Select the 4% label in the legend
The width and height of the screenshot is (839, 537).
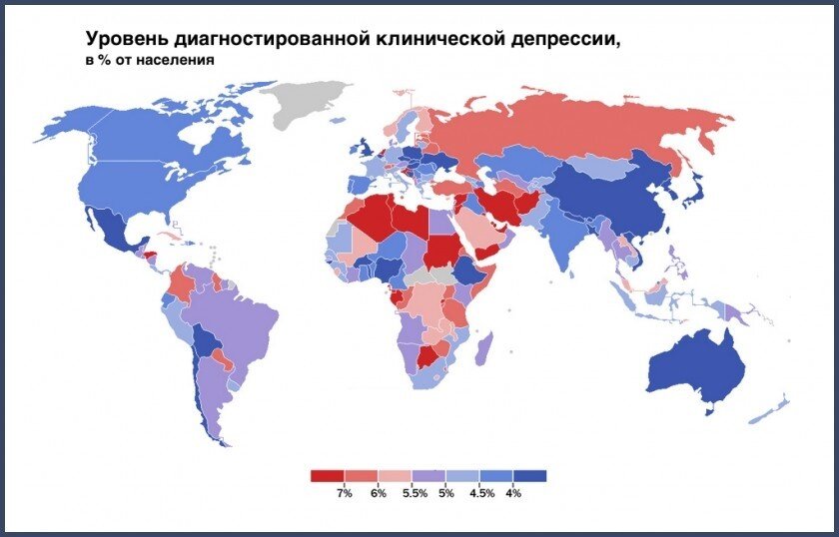[513, 494]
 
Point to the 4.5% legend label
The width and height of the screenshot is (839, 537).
[480, 494]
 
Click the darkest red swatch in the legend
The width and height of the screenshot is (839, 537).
[327, 476]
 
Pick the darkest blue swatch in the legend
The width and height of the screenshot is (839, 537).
[530, 476]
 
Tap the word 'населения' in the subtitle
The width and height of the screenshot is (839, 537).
[183, 60]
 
